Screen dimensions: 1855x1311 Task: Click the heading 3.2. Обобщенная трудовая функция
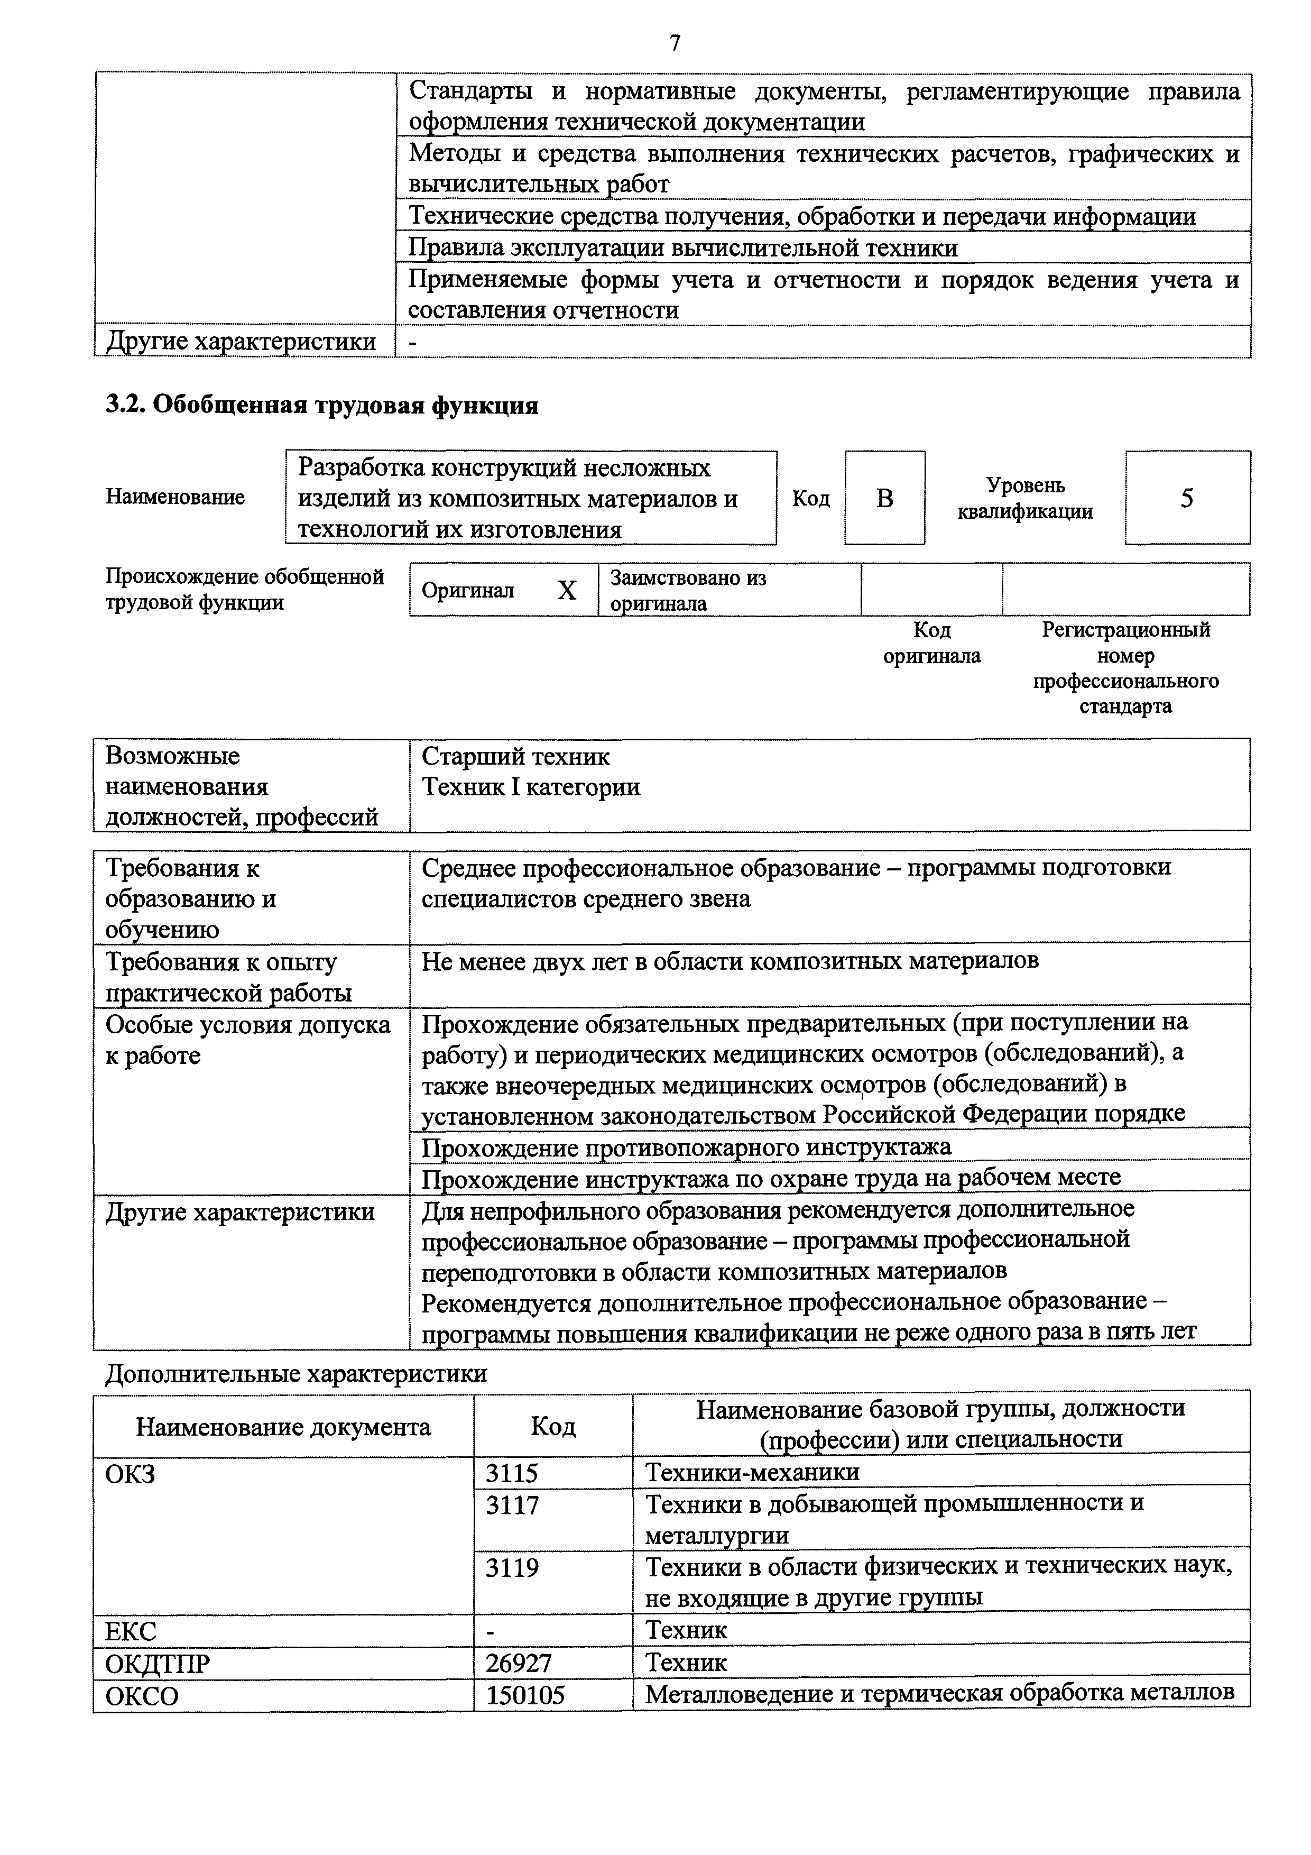[322, 405]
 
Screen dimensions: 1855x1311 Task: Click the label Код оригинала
[931, 642]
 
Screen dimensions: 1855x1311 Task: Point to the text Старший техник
[515, 757]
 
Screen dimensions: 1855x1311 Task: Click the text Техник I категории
[531, 787]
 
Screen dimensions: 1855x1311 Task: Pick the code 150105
[524, 1694]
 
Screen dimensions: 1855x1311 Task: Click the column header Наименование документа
[283, 1427]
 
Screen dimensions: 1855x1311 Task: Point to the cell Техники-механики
[752, 1472]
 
